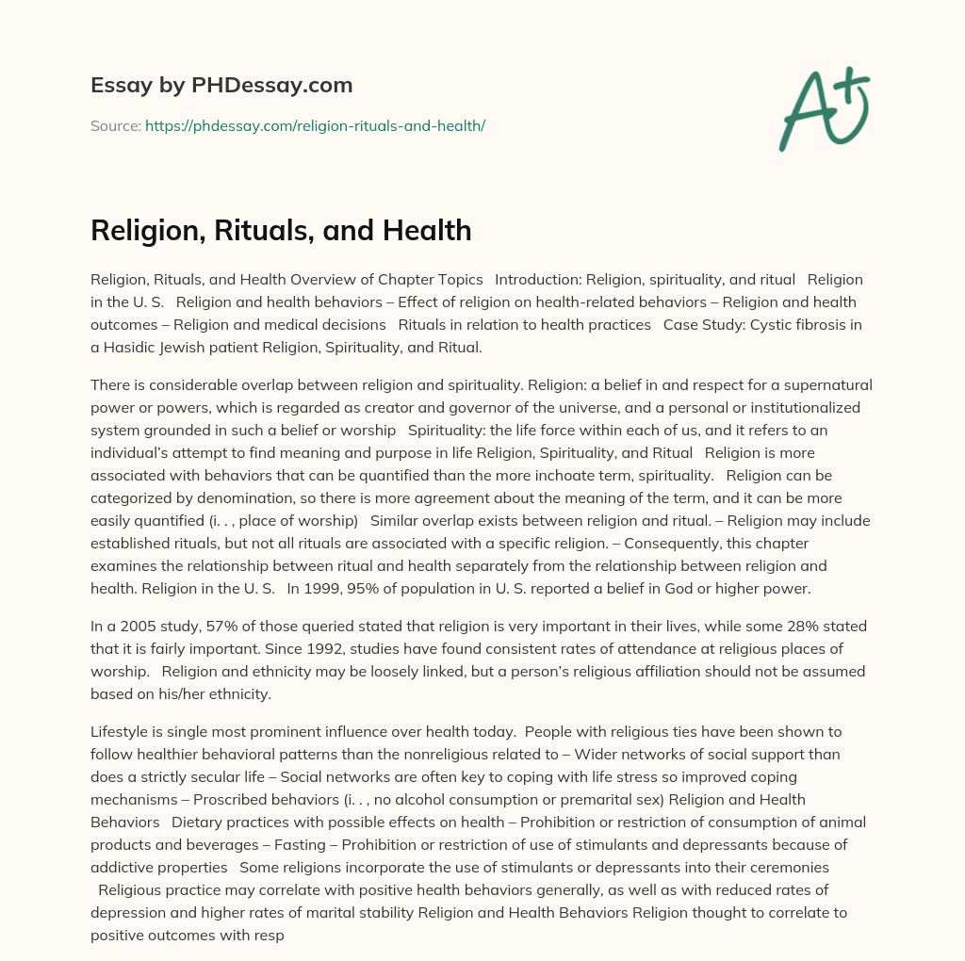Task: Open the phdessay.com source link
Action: click(315, 125)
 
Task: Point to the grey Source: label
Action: click(116, 125)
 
